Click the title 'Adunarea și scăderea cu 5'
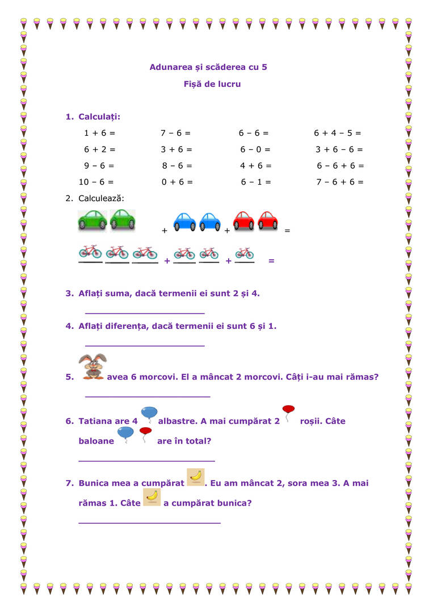(x=208, y=67)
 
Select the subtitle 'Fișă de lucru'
(x=208, y=84)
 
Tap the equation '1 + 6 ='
(x=99, y=133)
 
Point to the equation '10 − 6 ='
(x=96, y=182)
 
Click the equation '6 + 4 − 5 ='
(x=337, y=133)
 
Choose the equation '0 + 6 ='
(x=177, y=182)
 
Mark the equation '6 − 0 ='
(x=255, y=149)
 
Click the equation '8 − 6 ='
(x=177, y=166)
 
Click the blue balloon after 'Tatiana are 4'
(x=149, y=415)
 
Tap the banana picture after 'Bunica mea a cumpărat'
(x=195, y=477)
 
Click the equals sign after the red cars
(x=287, y=231)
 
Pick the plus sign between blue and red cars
(x=227, y=231)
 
